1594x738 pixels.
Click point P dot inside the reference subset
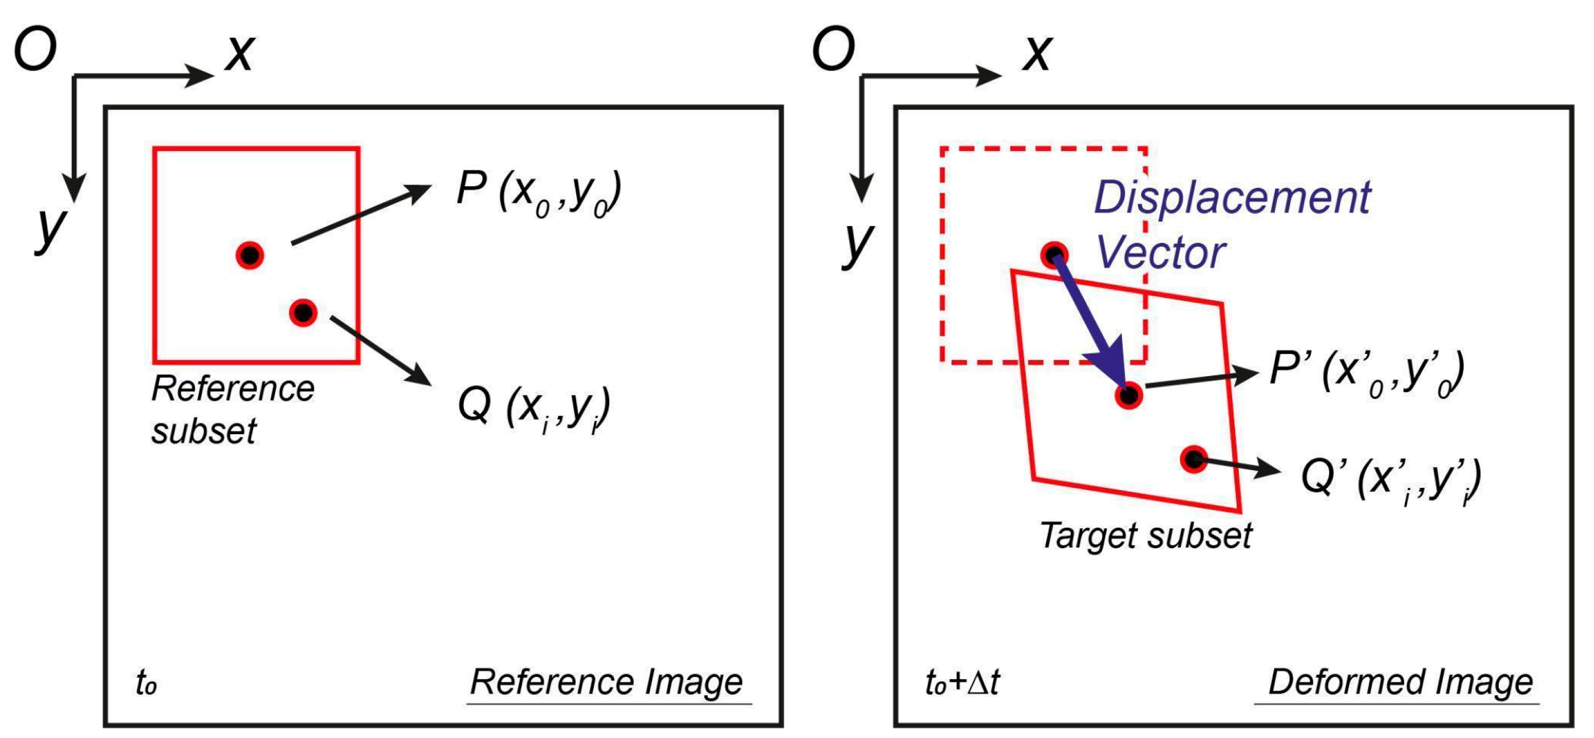click(250, 255)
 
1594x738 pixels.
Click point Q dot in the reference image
click(303, 312)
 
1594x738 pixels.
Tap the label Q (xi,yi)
click(533, 408)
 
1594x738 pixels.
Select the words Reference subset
click(232, 410)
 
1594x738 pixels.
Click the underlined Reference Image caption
click(606, 682)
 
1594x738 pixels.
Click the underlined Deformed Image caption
click(1400, 682)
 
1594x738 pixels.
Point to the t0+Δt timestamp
click(962, 683)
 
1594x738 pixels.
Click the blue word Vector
click(1160, 253)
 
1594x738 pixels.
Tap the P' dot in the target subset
click(1128, 395)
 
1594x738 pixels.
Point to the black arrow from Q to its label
click(380, 350)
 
